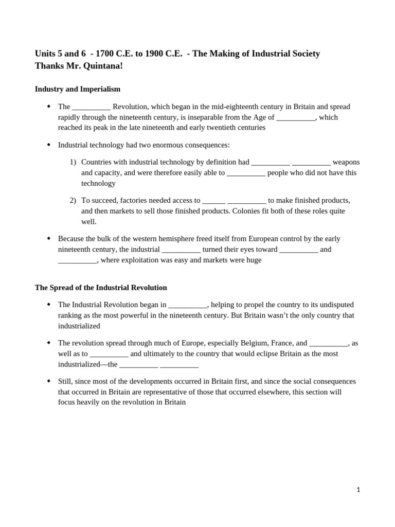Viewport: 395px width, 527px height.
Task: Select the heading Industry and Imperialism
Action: point(78,89)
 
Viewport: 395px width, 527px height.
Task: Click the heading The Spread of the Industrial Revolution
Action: point(101,287)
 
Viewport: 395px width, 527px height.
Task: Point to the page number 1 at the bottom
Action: point(358,490)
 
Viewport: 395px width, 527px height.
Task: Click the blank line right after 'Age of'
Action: point(296,118)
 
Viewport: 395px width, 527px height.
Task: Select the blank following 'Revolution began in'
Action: point(187,305)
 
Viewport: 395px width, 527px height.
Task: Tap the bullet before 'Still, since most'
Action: point(49,381)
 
